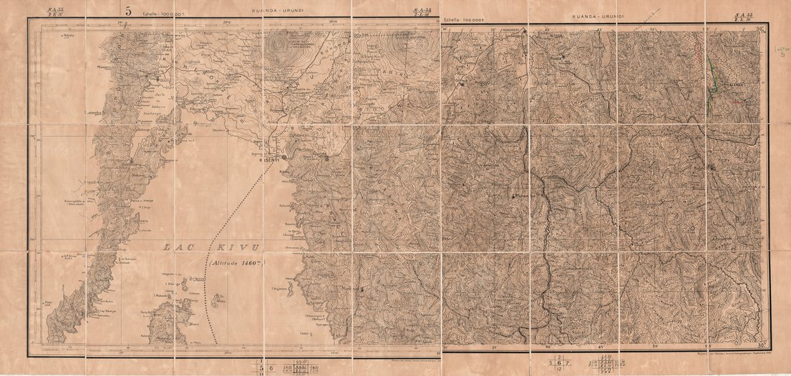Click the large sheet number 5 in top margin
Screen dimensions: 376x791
[x=129, y=10]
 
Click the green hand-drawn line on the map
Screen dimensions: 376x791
[x=713, y=82]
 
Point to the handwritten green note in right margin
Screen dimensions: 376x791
[x=780, y=50]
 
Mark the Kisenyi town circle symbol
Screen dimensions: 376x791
[x=284, y=156]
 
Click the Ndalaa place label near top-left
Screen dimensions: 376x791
[x=69, y=35]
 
